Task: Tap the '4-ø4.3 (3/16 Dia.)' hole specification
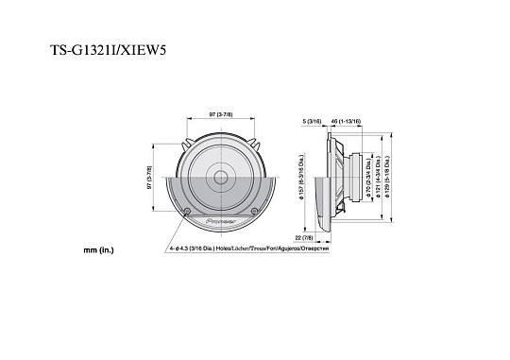coord(192,249)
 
